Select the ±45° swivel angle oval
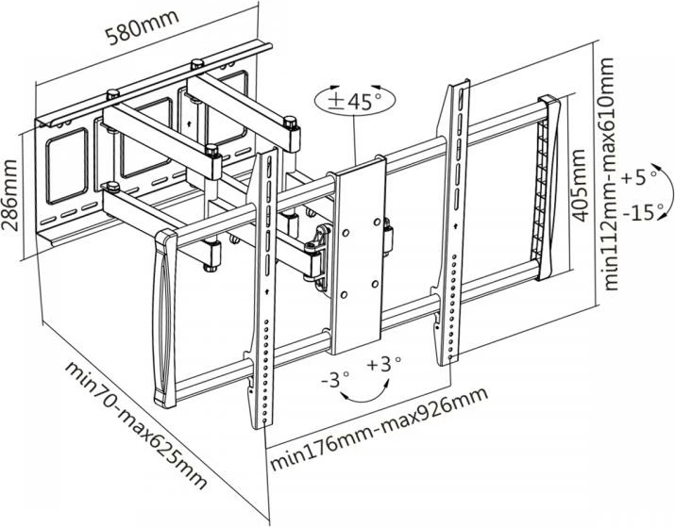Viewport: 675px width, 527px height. [355, 101]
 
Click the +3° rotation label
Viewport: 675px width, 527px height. [384, 363]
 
